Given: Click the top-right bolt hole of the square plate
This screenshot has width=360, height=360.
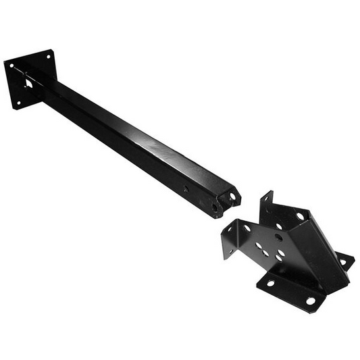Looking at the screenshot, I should tap(48, 56).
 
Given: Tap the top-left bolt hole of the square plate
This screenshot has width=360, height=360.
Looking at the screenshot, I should tap(11, 66).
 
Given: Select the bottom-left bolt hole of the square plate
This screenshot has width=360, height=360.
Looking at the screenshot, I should tap(18, 103).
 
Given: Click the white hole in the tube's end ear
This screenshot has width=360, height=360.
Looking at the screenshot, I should tap(233, 197).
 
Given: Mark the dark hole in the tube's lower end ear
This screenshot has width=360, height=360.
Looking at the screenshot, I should tap(215, 208).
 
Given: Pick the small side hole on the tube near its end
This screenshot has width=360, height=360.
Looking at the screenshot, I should tap(186, 190).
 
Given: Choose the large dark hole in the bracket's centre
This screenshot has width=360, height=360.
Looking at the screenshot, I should tap(278, 237).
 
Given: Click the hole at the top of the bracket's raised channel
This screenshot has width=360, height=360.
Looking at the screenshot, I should tap(299, 217).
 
